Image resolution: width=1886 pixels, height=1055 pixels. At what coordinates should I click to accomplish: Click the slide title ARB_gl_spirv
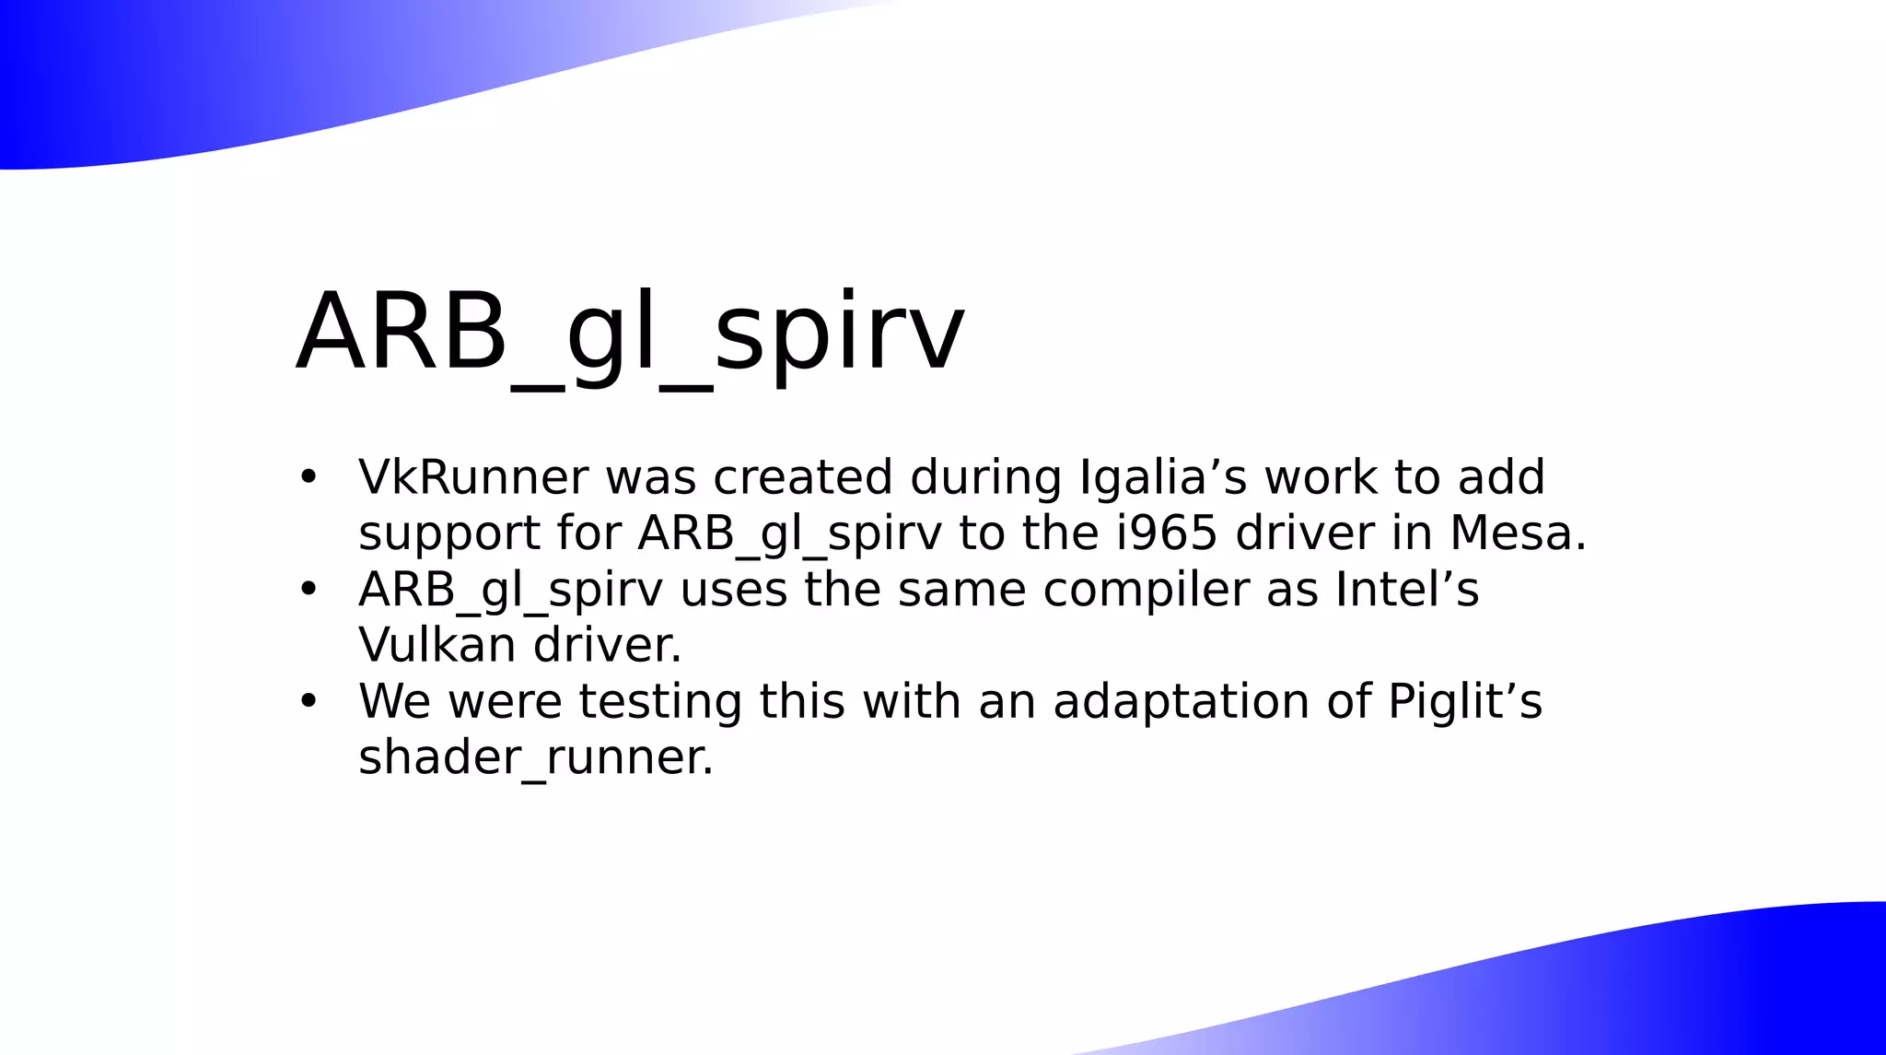pos(630,334)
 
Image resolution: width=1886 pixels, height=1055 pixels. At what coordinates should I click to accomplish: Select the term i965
pos(1167,533)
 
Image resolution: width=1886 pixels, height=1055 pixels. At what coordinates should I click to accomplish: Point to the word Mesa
pos(1518,533)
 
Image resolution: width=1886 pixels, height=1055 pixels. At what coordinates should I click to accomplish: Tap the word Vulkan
pos(437,644)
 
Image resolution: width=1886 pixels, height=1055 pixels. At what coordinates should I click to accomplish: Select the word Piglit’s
pos(1464,701)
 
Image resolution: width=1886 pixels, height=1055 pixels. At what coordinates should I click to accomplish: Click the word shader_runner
pos(535,757)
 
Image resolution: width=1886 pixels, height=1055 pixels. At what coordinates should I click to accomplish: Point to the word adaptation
pos(1182,701)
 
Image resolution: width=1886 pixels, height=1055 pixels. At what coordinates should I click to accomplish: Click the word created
pos(802,477)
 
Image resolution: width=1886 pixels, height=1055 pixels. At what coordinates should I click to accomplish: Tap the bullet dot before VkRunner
pos(309,477)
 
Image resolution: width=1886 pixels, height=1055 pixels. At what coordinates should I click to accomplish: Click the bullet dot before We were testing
pos(309,701)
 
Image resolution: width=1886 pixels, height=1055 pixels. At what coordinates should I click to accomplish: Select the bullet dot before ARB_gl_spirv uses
pos(309,590)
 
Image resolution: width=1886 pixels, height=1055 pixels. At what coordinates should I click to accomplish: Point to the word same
pos(961,590)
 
